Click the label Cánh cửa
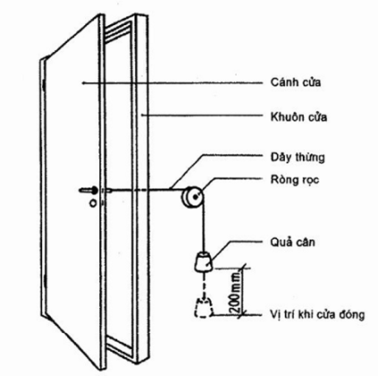coord(296,82)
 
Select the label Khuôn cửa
coord(298,116)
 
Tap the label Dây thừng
coord(298,158)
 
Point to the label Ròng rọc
coord(295,180)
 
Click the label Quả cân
coord(292,242)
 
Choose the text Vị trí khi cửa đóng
coord(317,314)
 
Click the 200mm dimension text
coord(235,292)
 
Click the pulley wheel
coord(192,197)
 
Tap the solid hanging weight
coord(204,261)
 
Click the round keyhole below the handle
coord(93,203)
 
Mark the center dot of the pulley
coord(195,197)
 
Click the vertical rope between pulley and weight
coord(204,226)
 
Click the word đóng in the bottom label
coord(352,314)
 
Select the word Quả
coord(280,242)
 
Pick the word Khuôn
coord(286,116)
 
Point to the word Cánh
coord(283,82)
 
